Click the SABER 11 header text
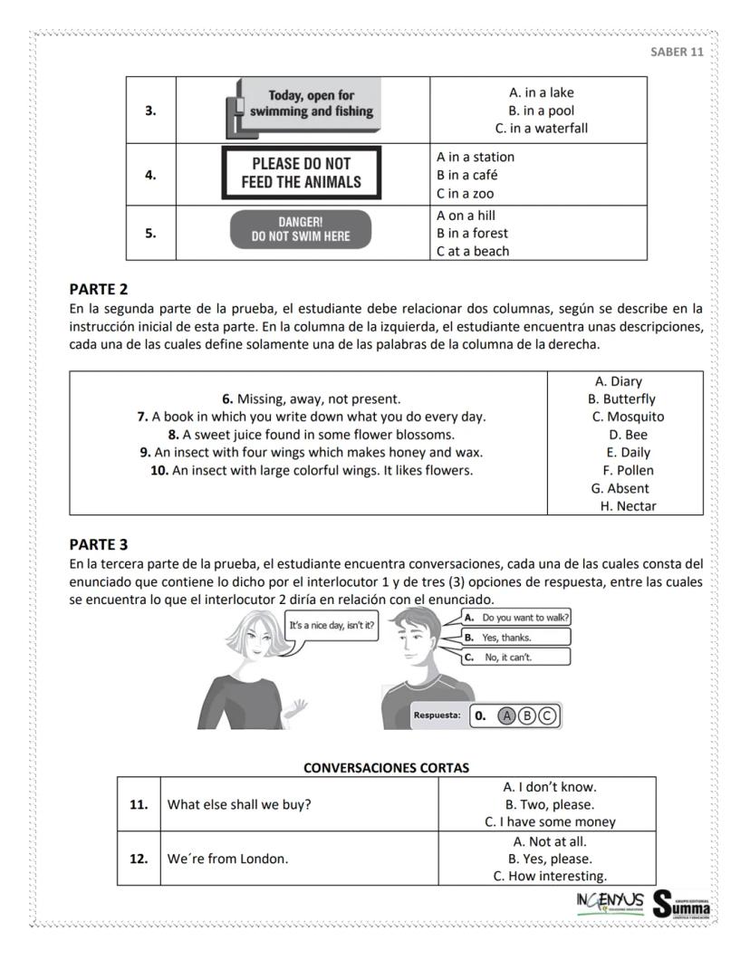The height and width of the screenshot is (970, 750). [677, 52]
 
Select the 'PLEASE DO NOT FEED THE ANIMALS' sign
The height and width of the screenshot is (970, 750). [301, 173]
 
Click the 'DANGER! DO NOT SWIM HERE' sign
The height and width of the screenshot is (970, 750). [301, 229]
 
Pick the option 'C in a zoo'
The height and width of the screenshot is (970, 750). [466, 193]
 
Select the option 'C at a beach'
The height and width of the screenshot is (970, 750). [473, 251]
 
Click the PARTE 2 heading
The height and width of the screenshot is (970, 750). [99, 290]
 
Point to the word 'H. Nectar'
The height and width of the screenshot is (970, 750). [628, 506]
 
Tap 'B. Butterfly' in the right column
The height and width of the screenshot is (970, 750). [621, 399]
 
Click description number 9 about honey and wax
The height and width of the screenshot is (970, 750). [311, 452]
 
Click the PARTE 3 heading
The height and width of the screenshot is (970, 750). [99, 544]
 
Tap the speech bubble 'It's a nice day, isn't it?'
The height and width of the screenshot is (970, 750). [332, 624]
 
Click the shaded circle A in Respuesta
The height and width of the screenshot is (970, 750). [507, 715]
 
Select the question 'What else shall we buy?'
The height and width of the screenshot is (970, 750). [239, 804]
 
